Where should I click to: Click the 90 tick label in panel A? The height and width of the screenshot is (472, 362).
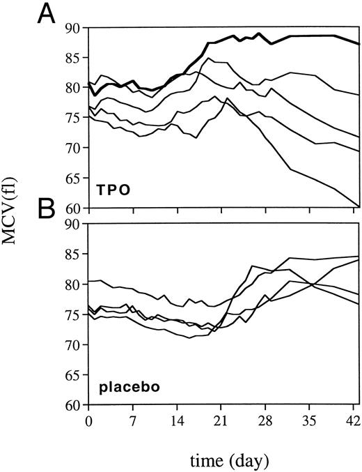coord(74,28)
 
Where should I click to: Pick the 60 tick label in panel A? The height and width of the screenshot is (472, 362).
coord(74,208)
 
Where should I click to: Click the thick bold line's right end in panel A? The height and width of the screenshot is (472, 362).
coord(359,44)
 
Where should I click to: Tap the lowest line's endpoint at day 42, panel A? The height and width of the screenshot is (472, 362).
coord(359,206)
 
